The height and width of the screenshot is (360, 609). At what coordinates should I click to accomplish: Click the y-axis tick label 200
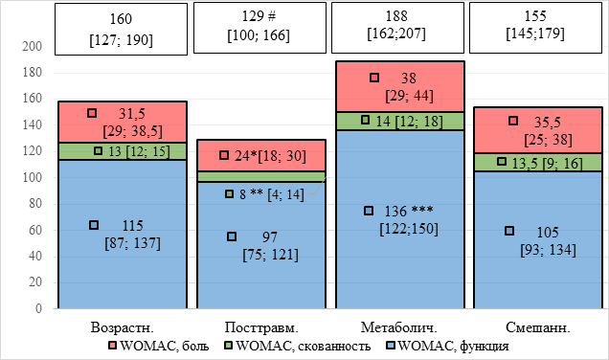pos(32,46)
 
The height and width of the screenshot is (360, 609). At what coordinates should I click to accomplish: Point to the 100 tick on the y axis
pos(32,177)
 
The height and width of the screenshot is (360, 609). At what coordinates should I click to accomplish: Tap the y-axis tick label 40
pos(35,256)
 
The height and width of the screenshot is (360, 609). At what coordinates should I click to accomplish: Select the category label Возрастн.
pos(123,327)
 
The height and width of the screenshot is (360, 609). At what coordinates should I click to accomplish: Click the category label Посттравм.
pos(261,327)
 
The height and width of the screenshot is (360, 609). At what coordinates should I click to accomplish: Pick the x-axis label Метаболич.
pos(399,327)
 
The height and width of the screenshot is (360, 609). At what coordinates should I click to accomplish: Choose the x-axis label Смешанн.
pos(538,327)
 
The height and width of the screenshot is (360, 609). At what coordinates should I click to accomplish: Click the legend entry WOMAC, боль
pos(159,346)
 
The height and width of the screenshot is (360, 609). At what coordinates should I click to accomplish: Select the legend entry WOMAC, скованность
pos(298,346)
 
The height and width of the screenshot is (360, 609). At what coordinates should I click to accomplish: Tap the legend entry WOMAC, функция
pos(447,346)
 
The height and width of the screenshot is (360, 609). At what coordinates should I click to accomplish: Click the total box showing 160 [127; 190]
pos(121,29)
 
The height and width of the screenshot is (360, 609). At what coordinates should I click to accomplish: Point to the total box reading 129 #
pos(259,28)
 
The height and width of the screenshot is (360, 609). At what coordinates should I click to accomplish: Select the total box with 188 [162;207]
pos(397,28)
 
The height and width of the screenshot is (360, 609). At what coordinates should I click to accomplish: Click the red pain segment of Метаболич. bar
pos(400,86)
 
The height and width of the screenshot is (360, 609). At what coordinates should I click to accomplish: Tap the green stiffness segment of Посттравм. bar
pos(261,177)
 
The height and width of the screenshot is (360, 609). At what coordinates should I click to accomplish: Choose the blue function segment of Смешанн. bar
pos(538,239)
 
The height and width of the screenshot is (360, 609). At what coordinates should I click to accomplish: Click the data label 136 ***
pos(409,211)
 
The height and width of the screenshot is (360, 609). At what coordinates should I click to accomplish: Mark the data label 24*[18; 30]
pos(270,156)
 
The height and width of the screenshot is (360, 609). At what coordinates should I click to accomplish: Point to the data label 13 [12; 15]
pos(139,151)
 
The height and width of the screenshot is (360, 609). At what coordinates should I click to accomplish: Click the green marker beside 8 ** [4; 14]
pos(229,193)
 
